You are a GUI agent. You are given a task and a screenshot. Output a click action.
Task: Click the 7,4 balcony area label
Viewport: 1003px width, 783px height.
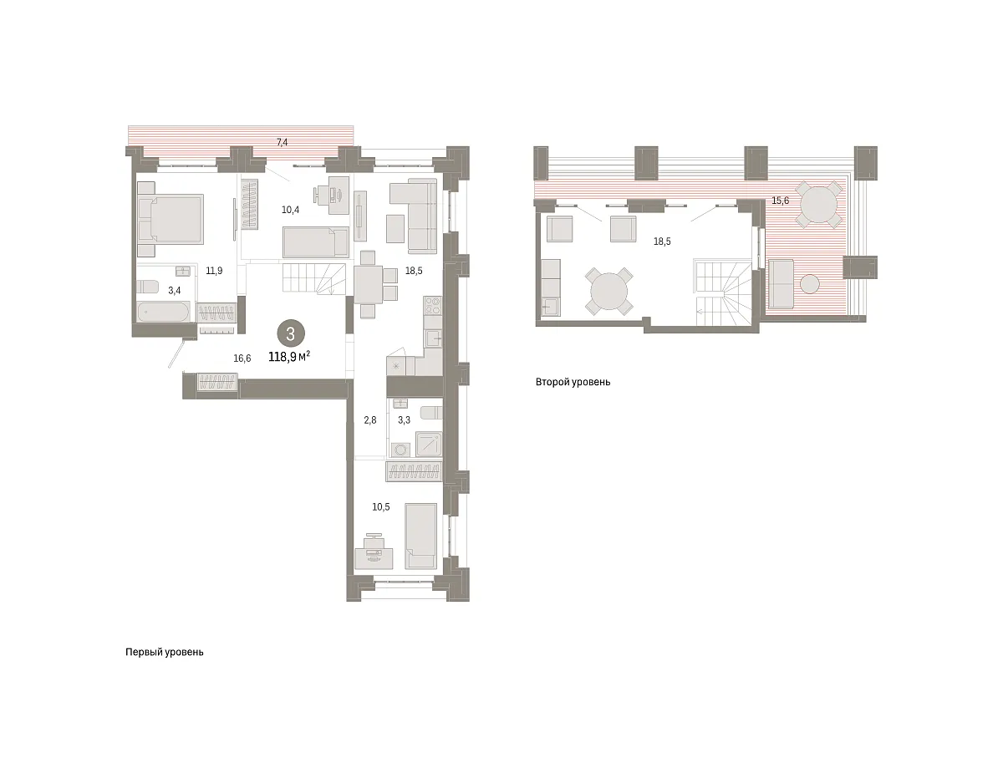(282, 142)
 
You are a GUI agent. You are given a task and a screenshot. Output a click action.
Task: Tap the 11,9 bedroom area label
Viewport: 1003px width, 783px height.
(214, 271)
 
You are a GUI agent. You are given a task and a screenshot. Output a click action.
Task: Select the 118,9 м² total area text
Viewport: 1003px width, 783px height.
(289, 357)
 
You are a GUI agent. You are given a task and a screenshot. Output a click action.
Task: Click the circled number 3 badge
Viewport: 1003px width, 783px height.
(290, 333)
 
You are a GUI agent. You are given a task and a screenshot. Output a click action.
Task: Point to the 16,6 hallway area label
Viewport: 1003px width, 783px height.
(242, 358)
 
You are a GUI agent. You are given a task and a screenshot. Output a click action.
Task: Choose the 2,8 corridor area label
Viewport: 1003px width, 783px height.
(370, 419)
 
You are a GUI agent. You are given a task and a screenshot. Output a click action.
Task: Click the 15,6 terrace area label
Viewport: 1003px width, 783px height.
(780, 201)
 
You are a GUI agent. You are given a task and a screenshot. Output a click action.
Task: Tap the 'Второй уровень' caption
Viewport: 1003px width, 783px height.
(573, 382)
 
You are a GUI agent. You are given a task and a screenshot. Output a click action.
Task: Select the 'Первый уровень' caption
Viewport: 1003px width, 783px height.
(165, 652)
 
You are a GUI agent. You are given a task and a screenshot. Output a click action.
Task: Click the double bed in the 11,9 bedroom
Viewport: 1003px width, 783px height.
(171, 219)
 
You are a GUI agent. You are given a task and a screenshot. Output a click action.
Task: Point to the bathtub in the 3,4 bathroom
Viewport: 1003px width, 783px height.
(163, 312)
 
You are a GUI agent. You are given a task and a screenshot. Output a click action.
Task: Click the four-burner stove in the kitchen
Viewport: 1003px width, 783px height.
(432, 306)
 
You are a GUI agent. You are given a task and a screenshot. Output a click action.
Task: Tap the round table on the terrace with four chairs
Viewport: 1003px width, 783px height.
(819, 205)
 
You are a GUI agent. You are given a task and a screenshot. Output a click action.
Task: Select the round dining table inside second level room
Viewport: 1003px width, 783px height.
(608, 291)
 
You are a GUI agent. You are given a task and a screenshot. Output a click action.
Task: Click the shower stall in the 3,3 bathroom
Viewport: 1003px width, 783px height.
(429, 444)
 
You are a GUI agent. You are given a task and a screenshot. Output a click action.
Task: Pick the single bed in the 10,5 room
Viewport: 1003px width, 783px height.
(420, 536)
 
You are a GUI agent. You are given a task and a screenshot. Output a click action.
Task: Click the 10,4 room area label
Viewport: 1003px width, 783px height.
(290, 210)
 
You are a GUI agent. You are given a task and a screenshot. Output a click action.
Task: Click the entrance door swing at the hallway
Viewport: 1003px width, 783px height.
(177, 353)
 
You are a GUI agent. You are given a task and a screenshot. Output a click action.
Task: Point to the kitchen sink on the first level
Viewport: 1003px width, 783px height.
(433, 338)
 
